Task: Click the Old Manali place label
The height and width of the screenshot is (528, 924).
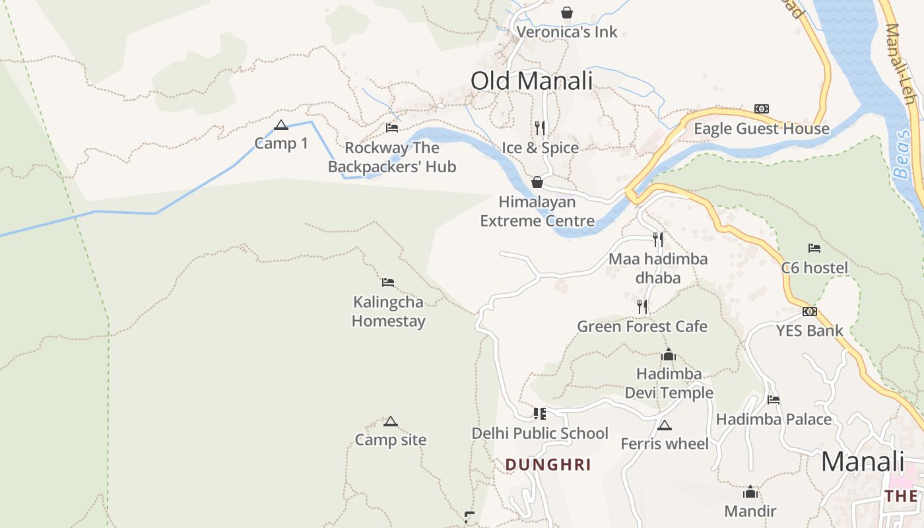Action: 531,81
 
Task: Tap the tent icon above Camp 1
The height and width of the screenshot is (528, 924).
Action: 281,125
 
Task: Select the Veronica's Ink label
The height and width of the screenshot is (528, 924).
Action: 567,32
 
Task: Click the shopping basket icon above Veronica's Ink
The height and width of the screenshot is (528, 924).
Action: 566,13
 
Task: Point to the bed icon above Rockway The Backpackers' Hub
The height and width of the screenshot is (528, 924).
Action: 392,128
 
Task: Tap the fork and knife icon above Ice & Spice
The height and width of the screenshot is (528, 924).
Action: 540,128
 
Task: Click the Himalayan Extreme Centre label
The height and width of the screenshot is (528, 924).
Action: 537,211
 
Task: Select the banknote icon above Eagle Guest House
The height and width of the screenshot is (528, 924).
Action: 762,109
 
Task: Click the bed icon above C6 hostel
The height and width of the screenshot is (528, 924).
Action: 814,248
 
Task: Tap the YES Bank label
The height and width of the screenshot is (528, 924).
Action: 809,331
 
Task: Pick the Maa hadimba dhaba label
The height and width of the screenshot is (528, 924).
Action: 657,268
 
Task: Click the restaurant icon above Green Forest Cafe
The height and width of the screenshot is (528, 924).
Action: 642,307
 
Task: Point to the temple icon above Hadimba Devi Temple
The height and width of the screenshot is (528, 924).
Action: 669,355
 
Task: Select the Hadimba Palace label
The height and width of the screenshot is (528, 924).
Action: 774,419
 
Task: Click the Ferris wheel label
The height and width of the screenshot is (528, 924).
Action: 664,444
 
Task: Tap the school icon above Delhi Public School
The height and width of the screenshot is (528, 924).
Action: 540,414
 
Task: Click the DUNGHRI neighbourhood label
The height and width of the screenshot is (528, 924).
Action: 548,465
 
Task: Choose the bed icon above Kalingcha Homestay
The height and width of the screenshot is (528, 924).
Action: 388,282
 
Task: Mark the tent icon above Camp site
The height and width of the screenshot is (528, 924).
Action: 390,421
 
